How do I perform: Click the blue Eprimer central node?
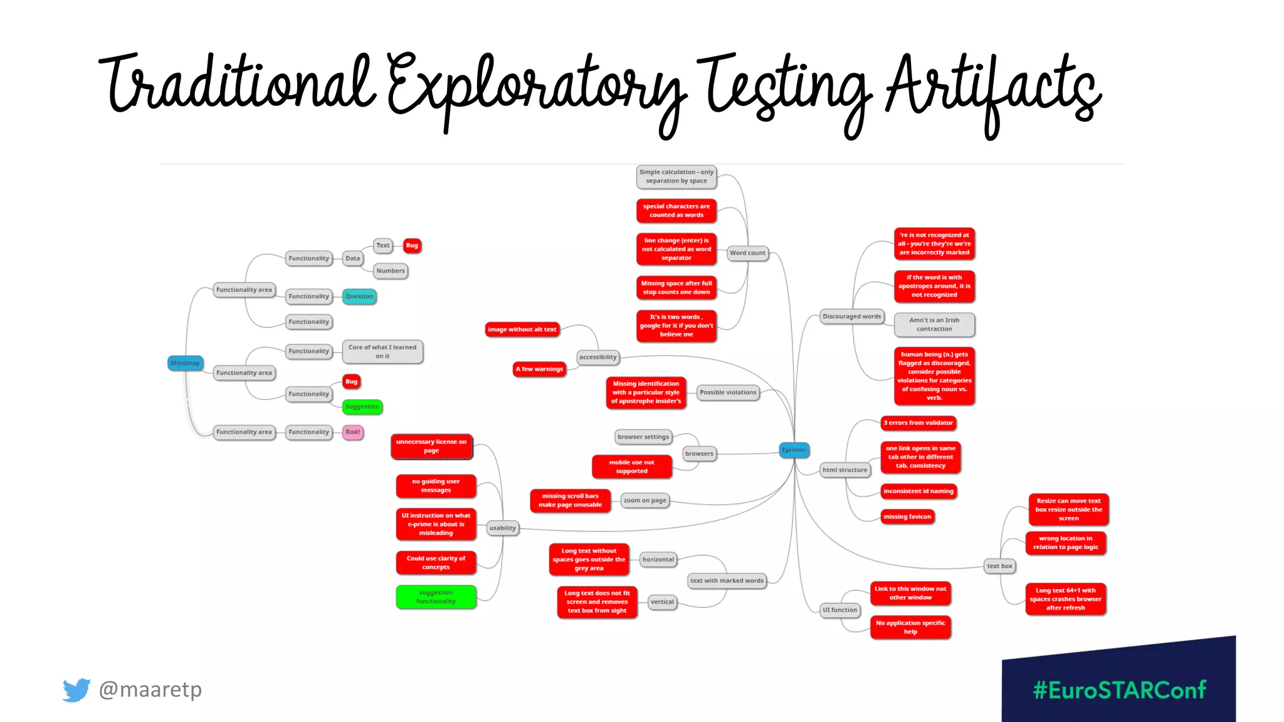pyautogui.click(x=794, y=450)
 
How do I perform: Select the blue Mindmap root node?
pyautogui.click(x=185, y=363)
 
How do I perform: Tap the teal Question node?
pyautogui.click(x=359, y=296)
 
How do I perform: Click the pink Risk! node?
pyautogui.click(x=353, y=432)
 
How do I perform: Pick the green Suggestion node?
pyautogui.click(x=362, y=407)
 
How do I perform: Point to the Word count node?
pyautogui.click(x=747, y=253)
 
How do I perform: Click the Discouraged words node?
pyautogui.click(x=851, y=317)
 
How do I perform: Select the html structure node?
pyautogui.click(x=845, y=470)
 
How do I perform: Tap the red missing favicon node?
pyautogui.click(x=907, y=516)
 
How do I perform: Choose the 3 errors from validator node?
pyautogui.click(x=918, y=423)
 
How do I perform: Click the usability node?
pyautogui.click(x=503, y=528)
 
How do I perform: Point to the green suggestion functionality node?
pyautogui.click(x=436, y=597)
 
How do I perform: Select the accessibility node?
pyautogui.click(x=598, y=357)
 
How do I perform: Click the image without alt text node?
pyautogui.click(x=522, y=330)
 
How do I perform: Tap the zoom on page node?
pyautogui.click(x=645, y=500)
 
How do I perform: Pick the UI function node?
pyautogui.click(x=839, y=610)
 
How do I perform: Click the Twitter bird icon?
pyautogui.click(x=76, y=690)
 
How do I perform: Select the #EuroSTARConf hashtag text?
pyautogui.click(x=1119, y=690)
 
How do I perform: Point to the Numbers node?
pyautogui.click(x=391, y=271)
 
